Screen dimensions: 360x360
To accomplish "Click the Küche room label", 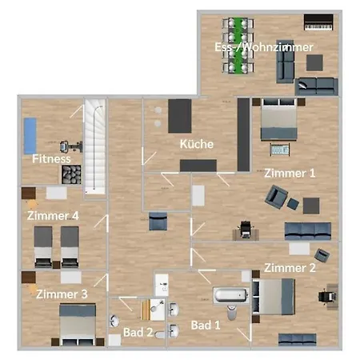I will point(196,144).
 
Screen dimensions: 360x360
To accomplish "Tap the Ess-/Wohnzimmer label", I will point(252,48).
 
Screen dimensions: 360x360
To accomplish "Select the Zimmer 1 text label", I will point(290,173).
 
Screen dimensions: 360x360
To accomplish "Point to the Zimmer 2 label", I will point(290,267).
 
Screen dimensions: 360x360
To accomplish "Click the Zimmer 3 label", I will point(62,294).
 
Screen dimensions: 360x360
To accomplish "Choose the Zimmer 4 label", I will point(53,215).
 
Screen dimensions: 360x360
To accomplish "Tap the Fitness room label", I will point(52,158).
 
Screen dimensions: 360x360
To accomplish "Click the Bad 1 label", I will point(206,325).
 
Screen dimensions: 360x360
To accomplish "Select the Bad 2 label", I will point(138,331).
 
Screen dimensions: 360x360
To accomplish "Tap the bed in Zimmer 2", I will point(271,297).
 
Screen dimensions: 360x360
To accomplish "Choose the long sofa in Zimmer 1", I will point(307,231).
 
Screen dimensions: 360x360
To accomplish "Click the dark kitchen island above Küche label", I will point(180,117).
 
